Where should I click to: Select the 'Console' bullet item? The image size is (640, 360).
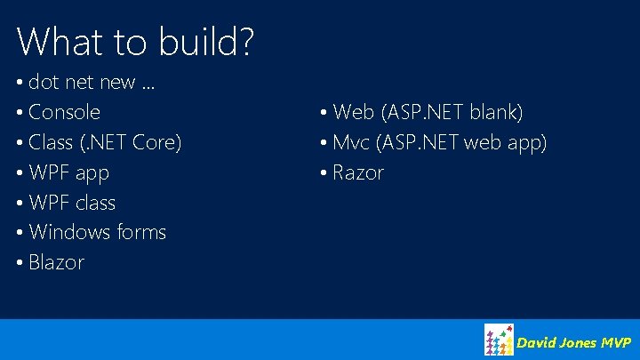(64, 113)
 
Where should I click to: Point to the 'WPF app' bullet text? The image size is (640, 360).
(68, 172)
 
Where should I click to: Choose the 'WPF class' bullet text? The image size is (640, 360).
(72, 203)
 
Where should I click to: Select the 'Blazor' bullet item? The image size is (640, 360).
(56, 262)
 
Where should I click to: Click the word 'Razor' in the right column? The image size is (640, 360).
(358, 172)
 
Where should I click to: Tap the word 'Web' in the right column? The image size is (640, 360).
(354, 113)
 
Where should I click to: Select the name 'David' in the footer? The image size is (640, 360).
(536, 342)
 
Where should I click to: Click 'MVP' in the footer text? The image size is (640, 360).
(615, 342)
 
